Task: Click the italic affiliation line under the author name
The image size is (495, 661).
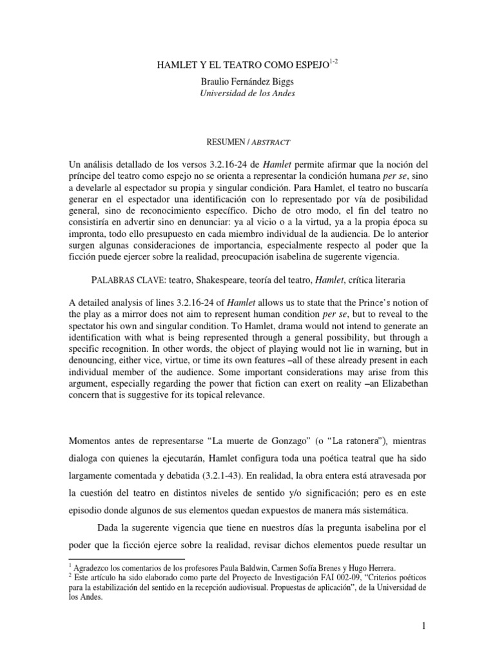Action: (247, 93)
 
